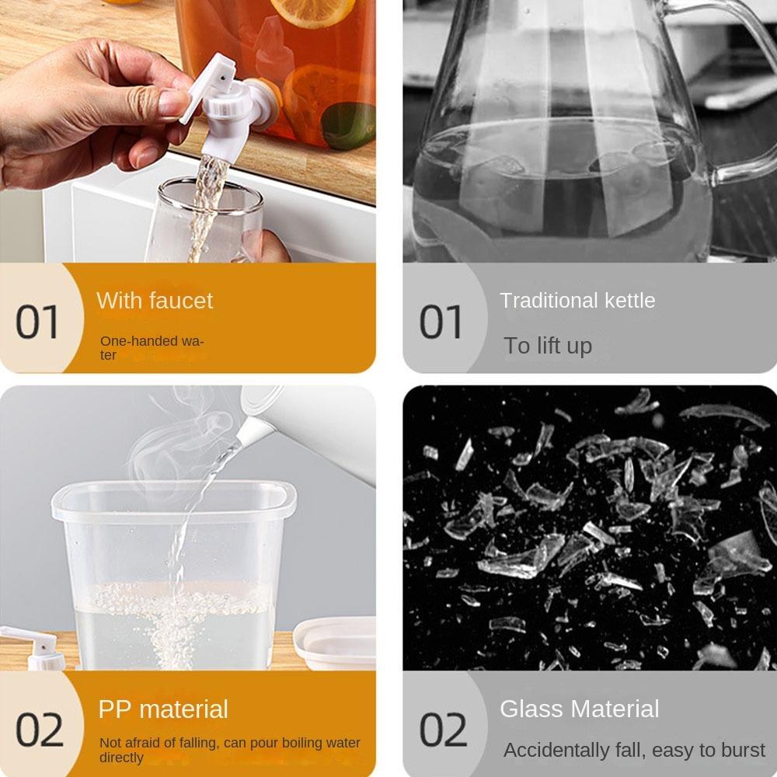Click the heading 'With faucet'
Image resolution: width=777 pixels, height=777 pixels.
click(155, 300)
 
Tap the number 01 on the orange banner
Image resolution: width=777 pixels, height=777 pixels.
click(37, 322)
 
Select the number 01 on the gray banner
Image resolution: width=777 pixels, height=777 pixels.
click(441, 322)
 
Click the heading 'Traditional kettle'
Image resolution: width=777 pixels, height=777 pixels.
click(577, 300)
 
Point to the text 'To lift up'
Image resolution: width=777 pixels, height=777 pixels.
click(548, 346)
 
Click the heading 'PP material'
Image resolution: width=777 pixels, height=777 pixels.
click(163, 709)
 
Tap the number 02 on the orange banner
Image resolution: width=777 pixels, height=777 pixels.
click(40, 730)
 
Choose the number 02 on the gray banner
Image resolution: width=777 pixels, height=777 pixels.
click(443, 730)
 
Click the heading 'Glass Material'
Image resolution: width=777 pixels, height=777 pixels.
click(580, 709)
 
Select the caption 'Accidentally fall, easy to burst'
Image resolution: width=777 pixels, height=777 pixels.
click(635, 751)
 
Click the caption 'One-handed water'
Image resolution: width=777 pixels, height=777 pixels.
click(152, 348)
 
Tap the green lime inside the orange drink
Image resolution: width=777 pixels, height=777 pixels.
click(348, 126)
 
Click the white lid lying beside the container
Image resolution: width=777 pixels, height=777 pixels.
click(334, 643)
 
